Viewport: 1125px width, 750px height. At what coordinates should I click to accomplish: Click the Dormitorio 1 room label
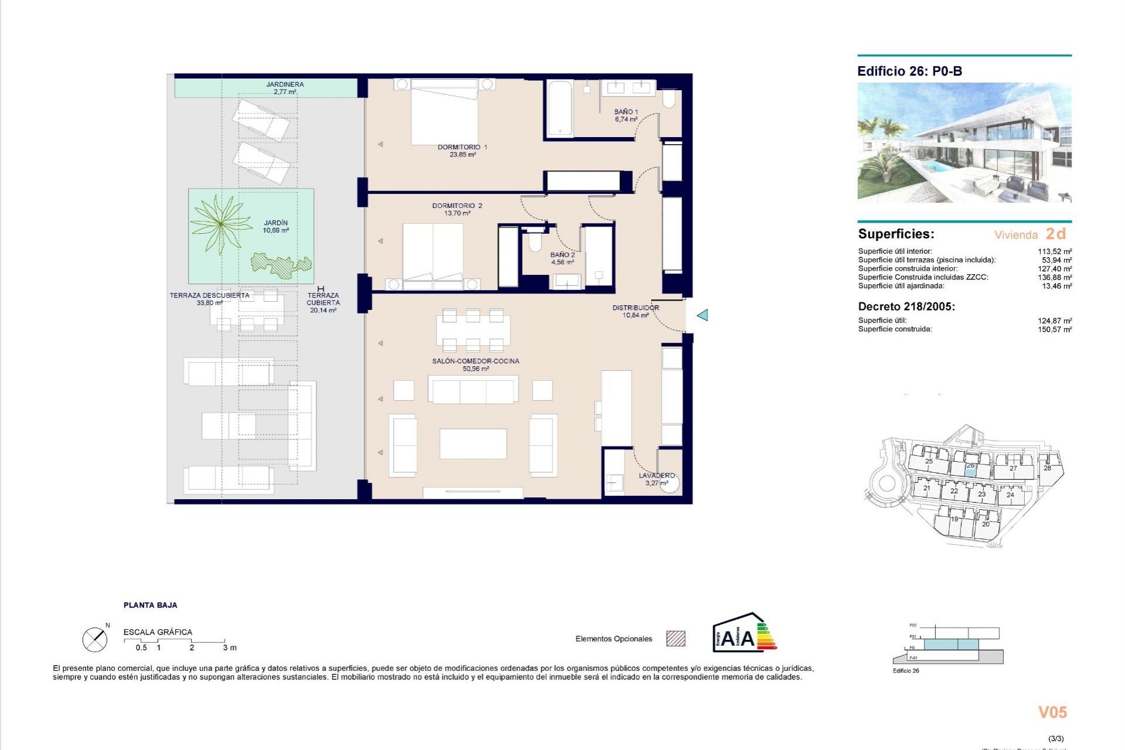pos(462,147)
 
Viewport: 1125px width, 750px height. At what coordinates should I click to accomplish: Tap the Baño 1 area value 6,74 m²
pos(626,120)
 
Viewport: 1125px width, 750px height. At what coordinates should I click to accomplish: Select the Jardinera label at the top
pos(285,84)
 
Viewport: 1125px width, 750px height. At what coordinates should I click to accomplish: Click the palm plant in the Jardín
pos(220,223)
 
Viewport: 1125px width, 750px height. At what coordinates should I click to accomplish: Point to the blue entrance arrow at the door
pos(703,315)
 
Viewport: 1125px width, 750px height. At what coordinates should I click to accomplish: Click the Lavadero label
pos(656,475)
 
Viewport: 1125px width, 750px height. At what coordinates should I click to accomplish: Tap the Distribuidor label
pos(636,308)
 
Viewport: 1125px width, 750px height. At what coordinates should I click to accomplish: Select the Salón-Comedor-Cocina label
pos(476,361)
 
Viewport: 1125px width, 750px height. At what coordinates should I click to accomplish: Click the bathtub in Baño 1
pos(560,108)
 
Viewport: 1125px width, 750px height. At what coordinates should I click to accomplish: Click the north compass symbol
pos(95,639)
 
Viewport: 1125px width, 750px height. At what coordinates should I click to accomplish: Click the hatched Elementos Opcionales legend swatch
pos(676,639)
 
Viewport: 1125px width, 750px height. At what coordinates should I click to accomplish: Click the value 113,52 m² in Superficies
pos(1055,251)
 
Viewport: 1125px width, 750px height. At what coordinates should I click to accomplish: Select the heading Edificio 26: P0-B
pos(909,71)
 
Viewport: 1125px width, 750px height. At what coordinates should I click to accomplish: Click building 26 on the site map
pos(970,466)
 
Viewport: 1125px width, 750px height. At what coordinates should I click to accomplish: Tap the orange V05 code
pos(1052,712)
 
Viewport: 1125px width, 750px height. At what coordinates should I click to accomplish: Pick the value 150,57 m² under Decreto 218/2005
pos(1055,330)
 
